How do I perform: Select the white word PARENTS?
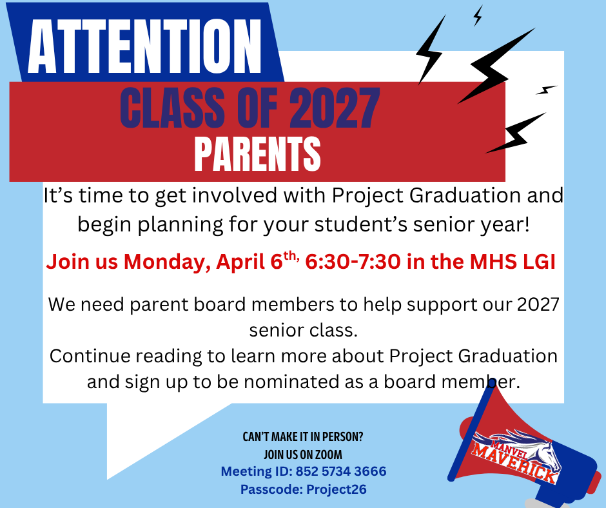coord(257,153)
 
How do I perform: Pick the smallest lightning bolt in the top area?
coord(478,15)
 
